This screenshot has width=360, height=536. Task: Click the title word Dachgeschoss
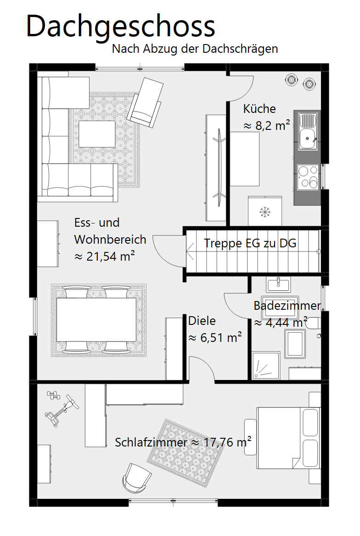[x=120, y=27]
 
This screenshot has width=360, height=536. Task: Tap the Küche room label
[x=259, y=109]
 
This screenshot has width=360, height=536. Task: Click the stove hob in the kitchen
[x=308, y=177]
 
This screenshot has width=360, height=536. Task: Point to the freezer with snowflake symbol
[x=265, y=211]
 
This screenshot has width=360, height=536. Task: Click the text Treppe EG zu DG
[x=250, y=243]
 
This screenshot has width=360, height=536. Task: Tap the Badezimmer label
[x=287, y=305]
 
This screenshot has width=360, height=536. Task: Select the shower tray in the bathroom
[x=266, y=366]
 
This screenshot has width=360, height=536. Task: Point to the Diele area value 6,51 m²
[x=215, y=338]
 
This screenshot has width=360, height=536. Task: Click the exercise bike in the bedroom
[x=62, y=411]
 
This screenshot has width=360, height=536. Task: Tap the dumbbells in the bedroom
[x=53, y=396]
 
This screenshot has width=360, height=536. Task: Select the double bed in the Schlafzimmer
[x=288, y=438]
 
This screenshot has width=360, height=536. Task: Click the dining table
[x=96, y=320]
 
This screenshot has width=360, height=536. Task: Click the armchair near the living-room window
[x=145, y=102]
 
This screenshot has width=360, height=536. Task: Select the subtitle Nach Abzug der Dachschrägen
[x=195, y=49]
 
